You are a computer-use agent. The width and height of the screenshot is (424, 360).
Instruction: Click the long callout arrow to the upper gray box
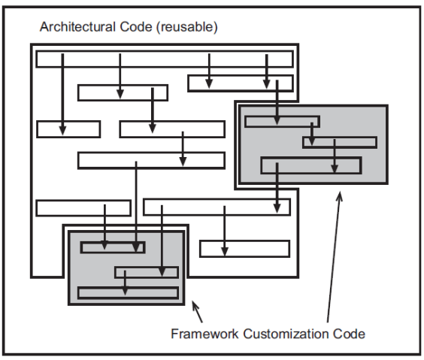click(333, 256)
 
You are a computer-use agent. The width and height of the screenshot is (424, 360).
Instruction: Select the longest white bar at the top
click(164, 59)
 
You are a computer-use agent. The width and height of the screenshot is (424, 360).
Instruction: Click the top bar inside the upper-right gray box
click(283, 122)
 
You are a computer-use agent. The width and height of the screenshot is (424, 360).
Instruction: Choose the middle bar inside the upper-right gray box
click(340, 142)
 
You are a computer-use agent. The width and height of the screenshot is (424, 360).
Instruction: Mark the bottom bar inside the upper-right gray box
click(310, 165)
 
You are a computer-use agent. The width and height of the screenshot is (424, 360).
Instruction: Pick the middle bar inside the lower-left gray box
click(147, 272)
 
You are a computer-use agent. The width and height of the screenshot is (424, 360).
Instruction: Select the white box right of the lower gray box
click(244, 249)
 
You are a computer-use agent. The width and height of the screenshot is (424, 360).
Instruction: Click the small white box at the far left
click(68, 129)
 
